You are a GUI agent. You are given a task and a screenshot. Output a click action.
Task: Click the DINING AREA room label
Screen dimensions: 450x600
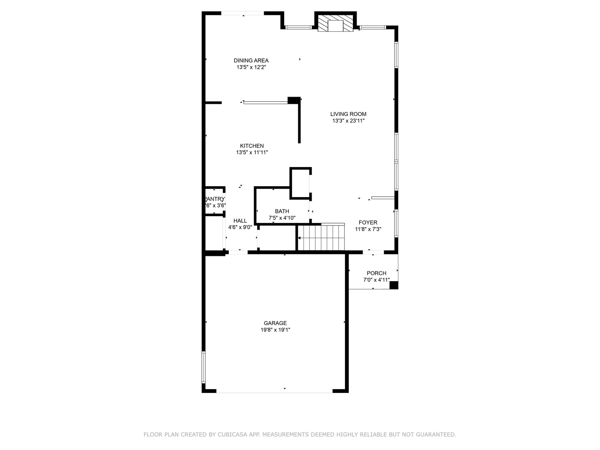(251, 60)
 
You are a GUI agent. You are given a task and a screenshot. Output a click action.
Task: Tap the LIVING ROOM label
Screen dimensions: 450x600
(348, 114)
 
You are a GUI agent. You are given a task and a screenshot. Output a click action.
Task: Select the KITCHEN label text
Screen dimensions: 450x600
(252, 146)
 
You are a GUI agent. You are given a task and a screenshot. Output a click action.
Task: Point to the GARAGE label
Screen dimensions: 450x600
(275, 323)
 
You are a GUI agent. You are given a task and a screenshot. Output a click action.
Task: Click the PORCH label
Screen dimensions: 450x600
(376, 273)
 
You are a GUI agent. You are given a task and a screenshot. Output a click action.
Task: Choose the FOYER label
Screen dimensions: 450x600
(368, 222)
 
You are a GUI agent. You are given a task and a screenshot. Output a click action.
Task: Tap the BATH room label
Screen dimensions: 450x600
(282, 211)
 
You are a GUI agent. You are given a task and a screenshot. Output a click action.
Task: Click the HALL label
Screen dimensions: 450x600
(240, 221)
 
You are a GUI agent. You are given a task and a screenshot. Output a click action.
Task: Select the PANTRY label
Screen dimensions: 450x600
(215, 199)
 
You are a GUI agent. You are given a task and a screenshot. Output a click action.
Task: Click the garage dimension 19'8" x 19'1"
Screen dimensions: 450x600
(275, 330)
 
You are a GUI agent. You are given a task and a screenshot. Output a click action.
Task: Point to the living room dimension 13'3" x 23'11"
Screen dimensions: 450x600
(348, 121)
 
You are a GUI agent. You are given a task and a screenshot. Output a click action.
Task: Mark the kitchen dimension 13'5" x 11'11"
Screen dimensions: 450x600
(252, 152)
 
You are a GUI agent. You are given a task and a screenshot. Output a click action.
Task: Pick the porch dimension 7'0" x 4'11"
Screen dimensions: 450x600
(376, 280)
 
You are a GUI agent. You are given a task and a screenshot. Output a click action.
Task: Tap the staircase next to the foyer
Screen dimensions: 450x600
(322, 238)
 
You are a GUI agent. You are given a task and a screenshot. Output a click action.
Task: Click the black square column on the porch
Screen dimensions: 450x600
(393, 285)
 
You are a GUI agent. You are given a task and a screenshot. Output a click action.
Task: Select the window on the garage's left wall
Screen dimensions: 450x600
(204, 367)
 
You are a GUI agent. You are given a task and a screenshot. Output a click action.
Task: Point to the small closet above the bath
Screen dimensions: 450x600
(300, 183)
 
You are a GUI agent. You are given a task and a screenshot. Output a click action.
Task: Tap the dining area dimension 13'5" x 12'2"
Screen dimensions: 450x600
(251, 67)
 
